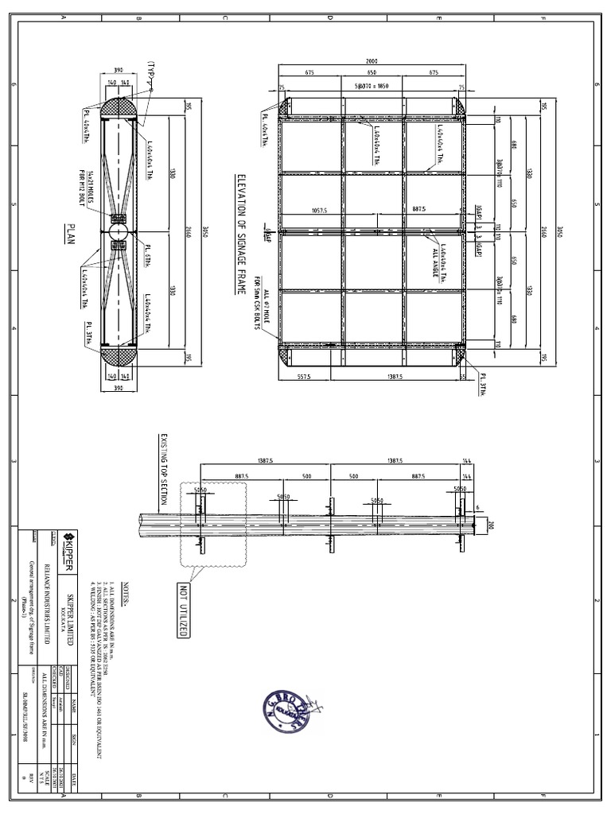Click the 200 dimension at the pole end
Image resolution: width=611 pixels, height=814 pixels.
(x=490, y=525)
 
